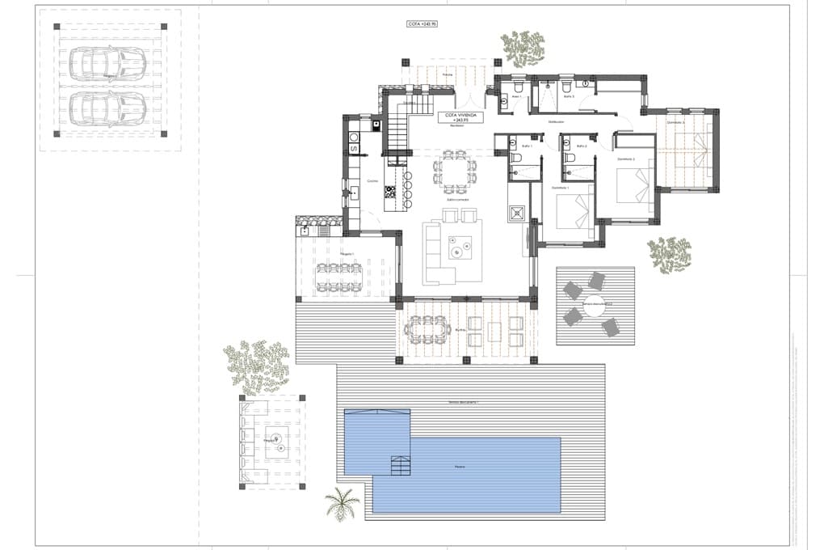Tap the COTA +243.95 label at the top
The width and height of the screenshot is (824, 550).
pyautogui.click(x=422, y=24)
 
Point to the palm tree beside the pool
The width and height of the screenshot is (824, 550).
pyautogui.click(x=343, y=502)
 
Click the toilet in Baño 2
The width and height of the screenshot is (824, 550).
pyautogui.click(x=570, y=158)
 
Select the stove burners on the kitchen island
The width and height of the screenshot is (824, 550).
pyautogui.click(x=390, y=192)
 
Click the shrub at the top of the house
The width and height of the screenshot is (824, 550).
pyautogui.click(x=523, y=49)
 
